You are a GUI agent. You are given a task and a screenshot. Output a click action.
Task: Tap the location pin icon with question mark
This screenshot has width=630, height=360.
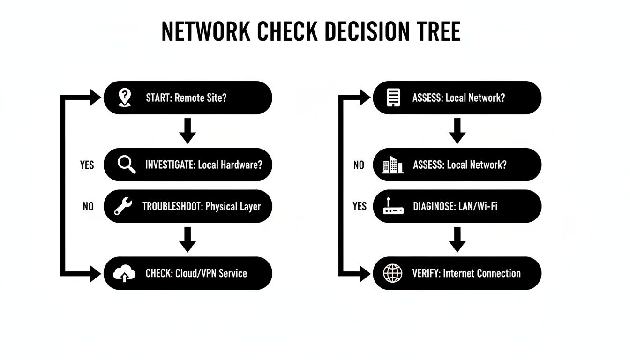[124, 97]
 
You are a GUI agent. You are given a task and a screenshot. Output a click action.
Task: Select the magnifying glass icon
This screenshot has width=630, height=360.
[125, 165]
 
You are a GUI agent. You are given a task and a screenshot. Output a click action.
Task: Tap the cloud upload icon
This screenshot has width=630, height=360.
[124, 273]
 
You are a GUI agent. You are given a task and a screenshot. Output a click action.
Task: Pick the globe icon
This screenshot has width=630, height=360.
[393, 273]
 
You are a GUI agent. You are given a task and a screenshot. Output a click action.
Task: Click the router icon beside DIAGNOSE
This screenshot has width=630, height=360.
[393, 206]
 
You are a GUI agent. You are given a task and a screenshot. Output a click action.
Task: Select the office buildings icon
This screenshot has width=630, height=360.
[393, 165]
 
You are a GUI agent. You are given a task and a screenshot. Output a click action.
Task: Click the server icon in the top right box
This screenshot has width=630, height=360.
[393, 97]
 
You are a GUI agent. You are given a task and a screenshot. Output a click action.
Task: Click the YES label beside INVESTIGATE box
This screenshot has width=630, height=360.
[87, 165]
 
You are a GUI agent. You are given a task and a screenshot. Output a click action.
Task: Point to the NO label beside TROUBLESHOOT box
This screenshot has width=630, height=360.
[88, 206]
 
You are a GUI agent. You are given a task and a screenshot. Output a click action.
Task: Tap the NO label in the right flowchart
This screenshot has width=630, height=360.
[359, 165]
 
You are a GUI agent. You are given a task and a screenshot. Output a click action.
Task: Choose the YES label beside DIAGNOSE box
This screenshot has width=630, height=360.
[360, 206]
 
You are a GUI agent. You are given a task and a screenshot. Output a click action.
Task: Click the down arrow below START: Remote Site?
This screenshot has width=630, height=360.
[187, 131]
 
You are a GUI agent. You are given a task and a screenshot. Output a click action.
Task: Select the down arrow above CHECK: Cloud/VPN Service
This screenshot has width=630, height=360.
[187, 239]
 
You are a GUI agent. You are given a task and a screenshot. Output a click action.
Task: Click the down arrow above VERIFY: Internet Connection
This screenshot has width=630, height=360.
[457, 239]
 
